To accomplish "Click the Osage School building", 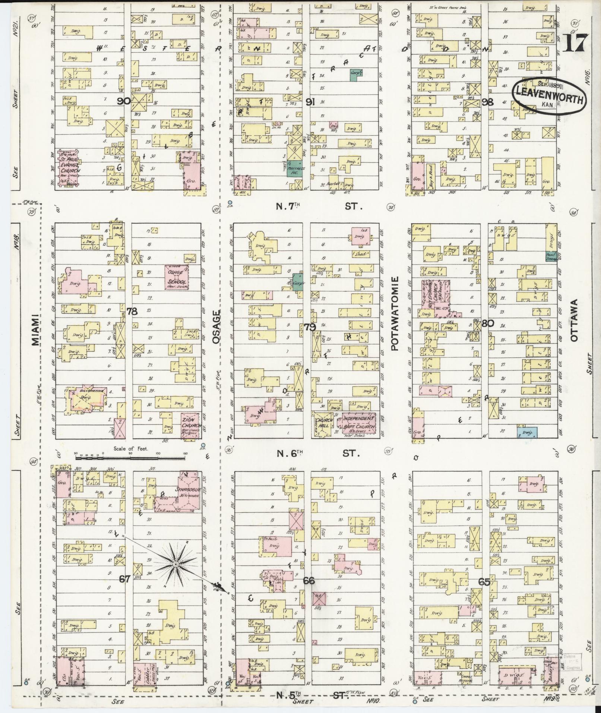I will [x=177, y=277].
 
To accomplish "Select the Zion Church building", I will [x=191, y=425].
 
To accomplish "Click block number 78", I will [x=132, y=311].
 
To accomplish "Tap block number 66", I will [x=309, y=581].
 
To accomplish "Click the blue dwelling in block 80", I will [x=527, y=432].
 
